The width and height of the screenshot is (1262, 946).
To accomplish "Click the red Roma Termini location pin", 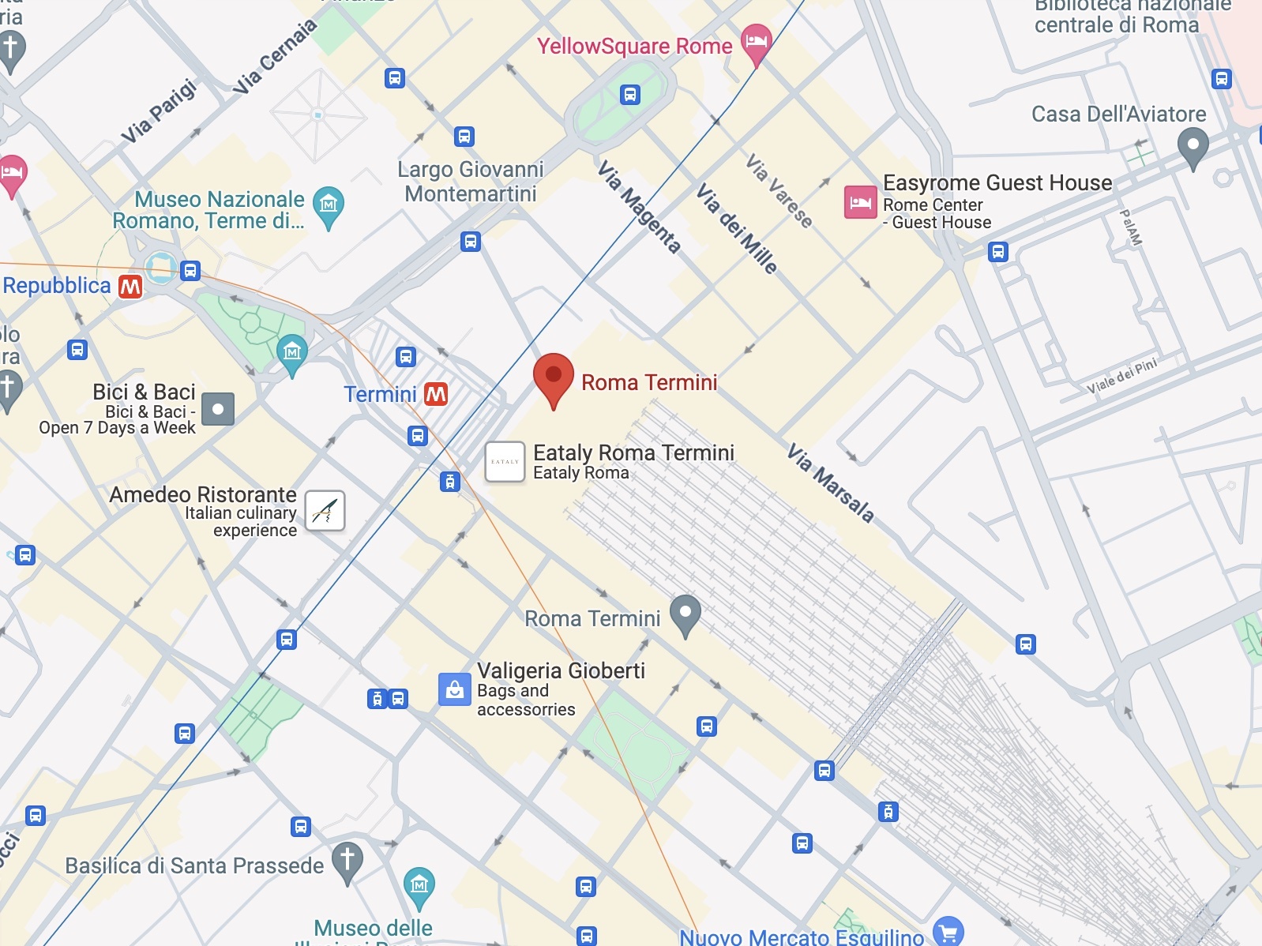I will [x=554, y=377].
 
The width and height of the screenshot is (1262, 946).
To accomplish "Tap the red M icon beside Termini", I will [x=436, y=394].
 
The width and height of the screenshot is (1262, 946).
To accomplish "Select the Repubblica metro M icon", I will [x=130, y=286].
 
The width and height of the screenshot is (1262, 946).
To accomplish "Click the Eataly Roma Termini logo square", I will [x=505, y=462].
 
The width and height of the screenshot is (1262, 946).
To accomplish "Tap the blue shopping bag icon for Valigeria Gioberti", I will [x=455, y=689].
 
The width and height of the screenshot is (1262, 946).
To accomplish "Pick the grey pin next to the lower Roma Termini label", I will [x=685, y=614].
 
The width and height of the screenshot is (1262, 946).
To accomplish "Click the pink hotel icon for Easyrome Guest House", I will [x=860, y=203].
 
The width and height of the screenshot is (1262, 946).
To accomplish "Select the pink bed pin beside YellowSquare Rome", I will [x=756, y=42].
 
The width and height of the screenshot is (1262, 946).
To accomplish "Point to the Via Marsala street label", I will [x=831, y=483].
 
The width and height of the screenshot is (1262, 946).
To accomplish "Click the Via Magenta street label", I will [x=638, y=207].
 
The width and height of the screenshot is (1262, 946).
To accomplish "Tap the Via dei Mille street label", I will [x=736, y=228].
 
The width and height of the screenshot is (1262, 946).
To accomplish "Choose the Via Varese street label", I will [x=779, y=190].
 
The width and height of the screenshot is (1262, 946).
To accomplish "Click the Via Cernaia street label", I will [x=274, y=58].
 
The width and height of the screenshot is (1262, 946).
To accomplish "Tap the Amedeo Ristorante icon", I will [x=325, y=511].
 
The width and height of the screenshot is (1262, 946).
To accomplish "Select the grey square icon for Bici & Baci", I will [x=218, y=409].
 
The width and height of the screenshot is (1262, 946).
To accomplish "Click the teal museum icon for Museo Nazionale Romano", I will [x=329, y=205].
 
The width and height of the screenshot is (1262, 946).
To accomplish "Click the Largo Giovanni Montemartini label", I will [x=471, y=182].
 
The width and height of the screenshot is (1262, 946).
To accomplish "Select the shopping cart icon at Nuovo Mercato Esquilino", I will [x=948, y=933].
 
